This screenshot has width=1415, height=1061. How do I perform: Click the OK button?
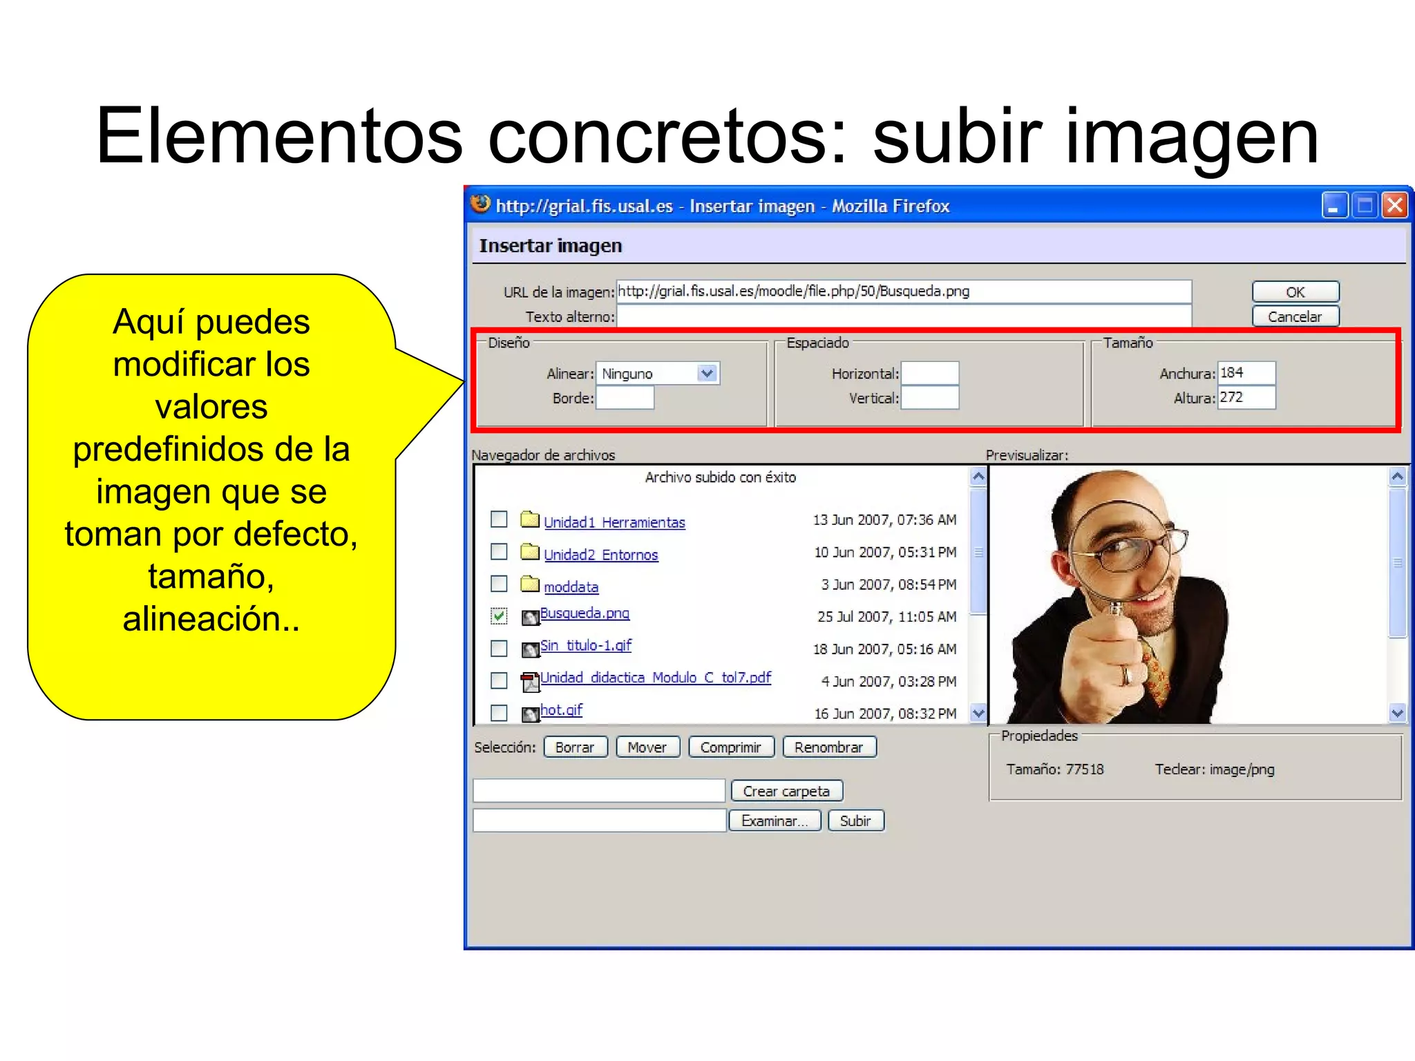pos(1295,292)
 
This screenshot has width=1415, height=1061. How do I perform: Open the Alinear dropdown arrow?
pos(706,374)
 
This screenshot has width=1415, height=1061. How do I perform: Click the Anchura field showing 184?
pos(1246,373)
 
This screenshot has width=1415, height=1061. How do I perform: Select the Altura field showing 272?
pos(1246,398)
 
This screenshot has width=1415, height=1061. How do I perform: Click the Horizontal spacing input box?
pos(929,374)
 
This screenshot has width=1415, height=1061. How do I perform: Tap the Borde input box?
pos(625,399)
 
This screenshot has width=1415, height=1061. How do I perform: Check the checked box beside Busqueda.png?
pos(499,615)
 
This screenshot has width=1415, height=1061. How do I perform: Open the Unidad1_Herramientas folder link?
pos(614,523)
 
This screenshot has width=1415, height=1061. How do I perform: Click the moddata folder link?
pos(571,587)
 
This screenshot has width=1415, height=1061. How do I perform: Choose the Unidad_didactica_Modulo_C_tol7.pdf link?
pos(655,678)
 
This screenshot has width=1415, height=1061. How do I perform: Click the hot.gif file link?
pos(561,710)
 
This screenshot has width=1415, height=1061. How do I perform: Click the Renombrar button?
pos(828,747)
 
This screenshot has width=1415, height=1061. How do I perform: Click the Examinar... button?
pos(774,821)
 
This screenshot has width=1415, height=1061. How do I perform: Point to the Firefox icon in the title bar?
pos(480,204)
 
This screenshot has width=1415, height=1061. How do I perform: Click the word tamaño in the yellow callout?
pos(210,577)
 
